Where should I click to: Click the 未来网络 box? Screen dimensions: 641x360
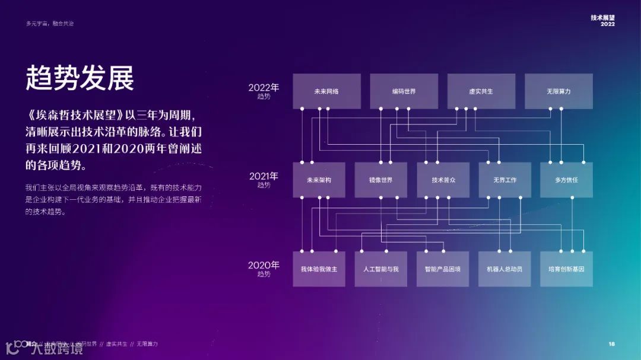pos(326,91)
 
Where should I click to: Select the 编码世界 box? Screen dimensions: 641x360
pos(404,91)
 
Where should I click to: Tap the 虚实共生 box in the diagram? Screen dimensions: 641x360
pos(481,91)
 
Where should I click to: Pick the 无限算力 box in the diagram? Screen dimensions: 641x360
pos(559,91)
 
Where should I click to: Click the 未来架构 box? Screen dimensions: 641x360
pos(319,180)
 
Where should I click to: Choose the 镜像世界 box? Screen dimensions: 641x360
pos(380,180)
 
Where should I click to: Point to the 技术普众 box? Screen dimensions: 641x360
pos(443,180)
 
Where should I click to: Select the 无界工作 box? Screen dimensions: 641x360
pos(504,180)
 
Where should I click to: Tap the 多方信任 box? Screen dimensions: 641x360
pos(566,180)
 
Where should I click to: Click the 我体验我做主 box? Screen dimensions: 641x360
pos(319,269)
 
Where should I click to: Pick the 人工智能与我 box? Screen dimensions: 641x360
pos(380,269)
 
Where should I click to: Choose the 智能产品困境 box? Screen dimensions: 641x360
pos(443,269)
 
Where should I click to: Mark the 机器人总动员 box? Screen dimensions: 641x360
pos(504,269)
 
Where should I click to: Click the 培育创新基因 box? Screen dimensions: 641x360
pos(566,269)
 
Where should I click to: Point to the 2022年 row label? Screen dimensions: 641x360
pos(264,91)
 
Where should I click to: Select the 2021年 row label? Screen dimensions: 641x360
pos(264,179)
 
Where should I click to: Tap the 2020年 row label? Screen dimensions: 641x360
pos(264,268)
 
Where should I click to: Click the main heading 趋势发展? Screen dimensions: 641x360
pos(80,78)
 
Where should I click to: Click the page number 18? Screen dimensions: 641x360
pos(611,344)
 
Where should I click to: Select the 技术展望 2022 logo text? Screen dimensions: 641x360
pos(602,21)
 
